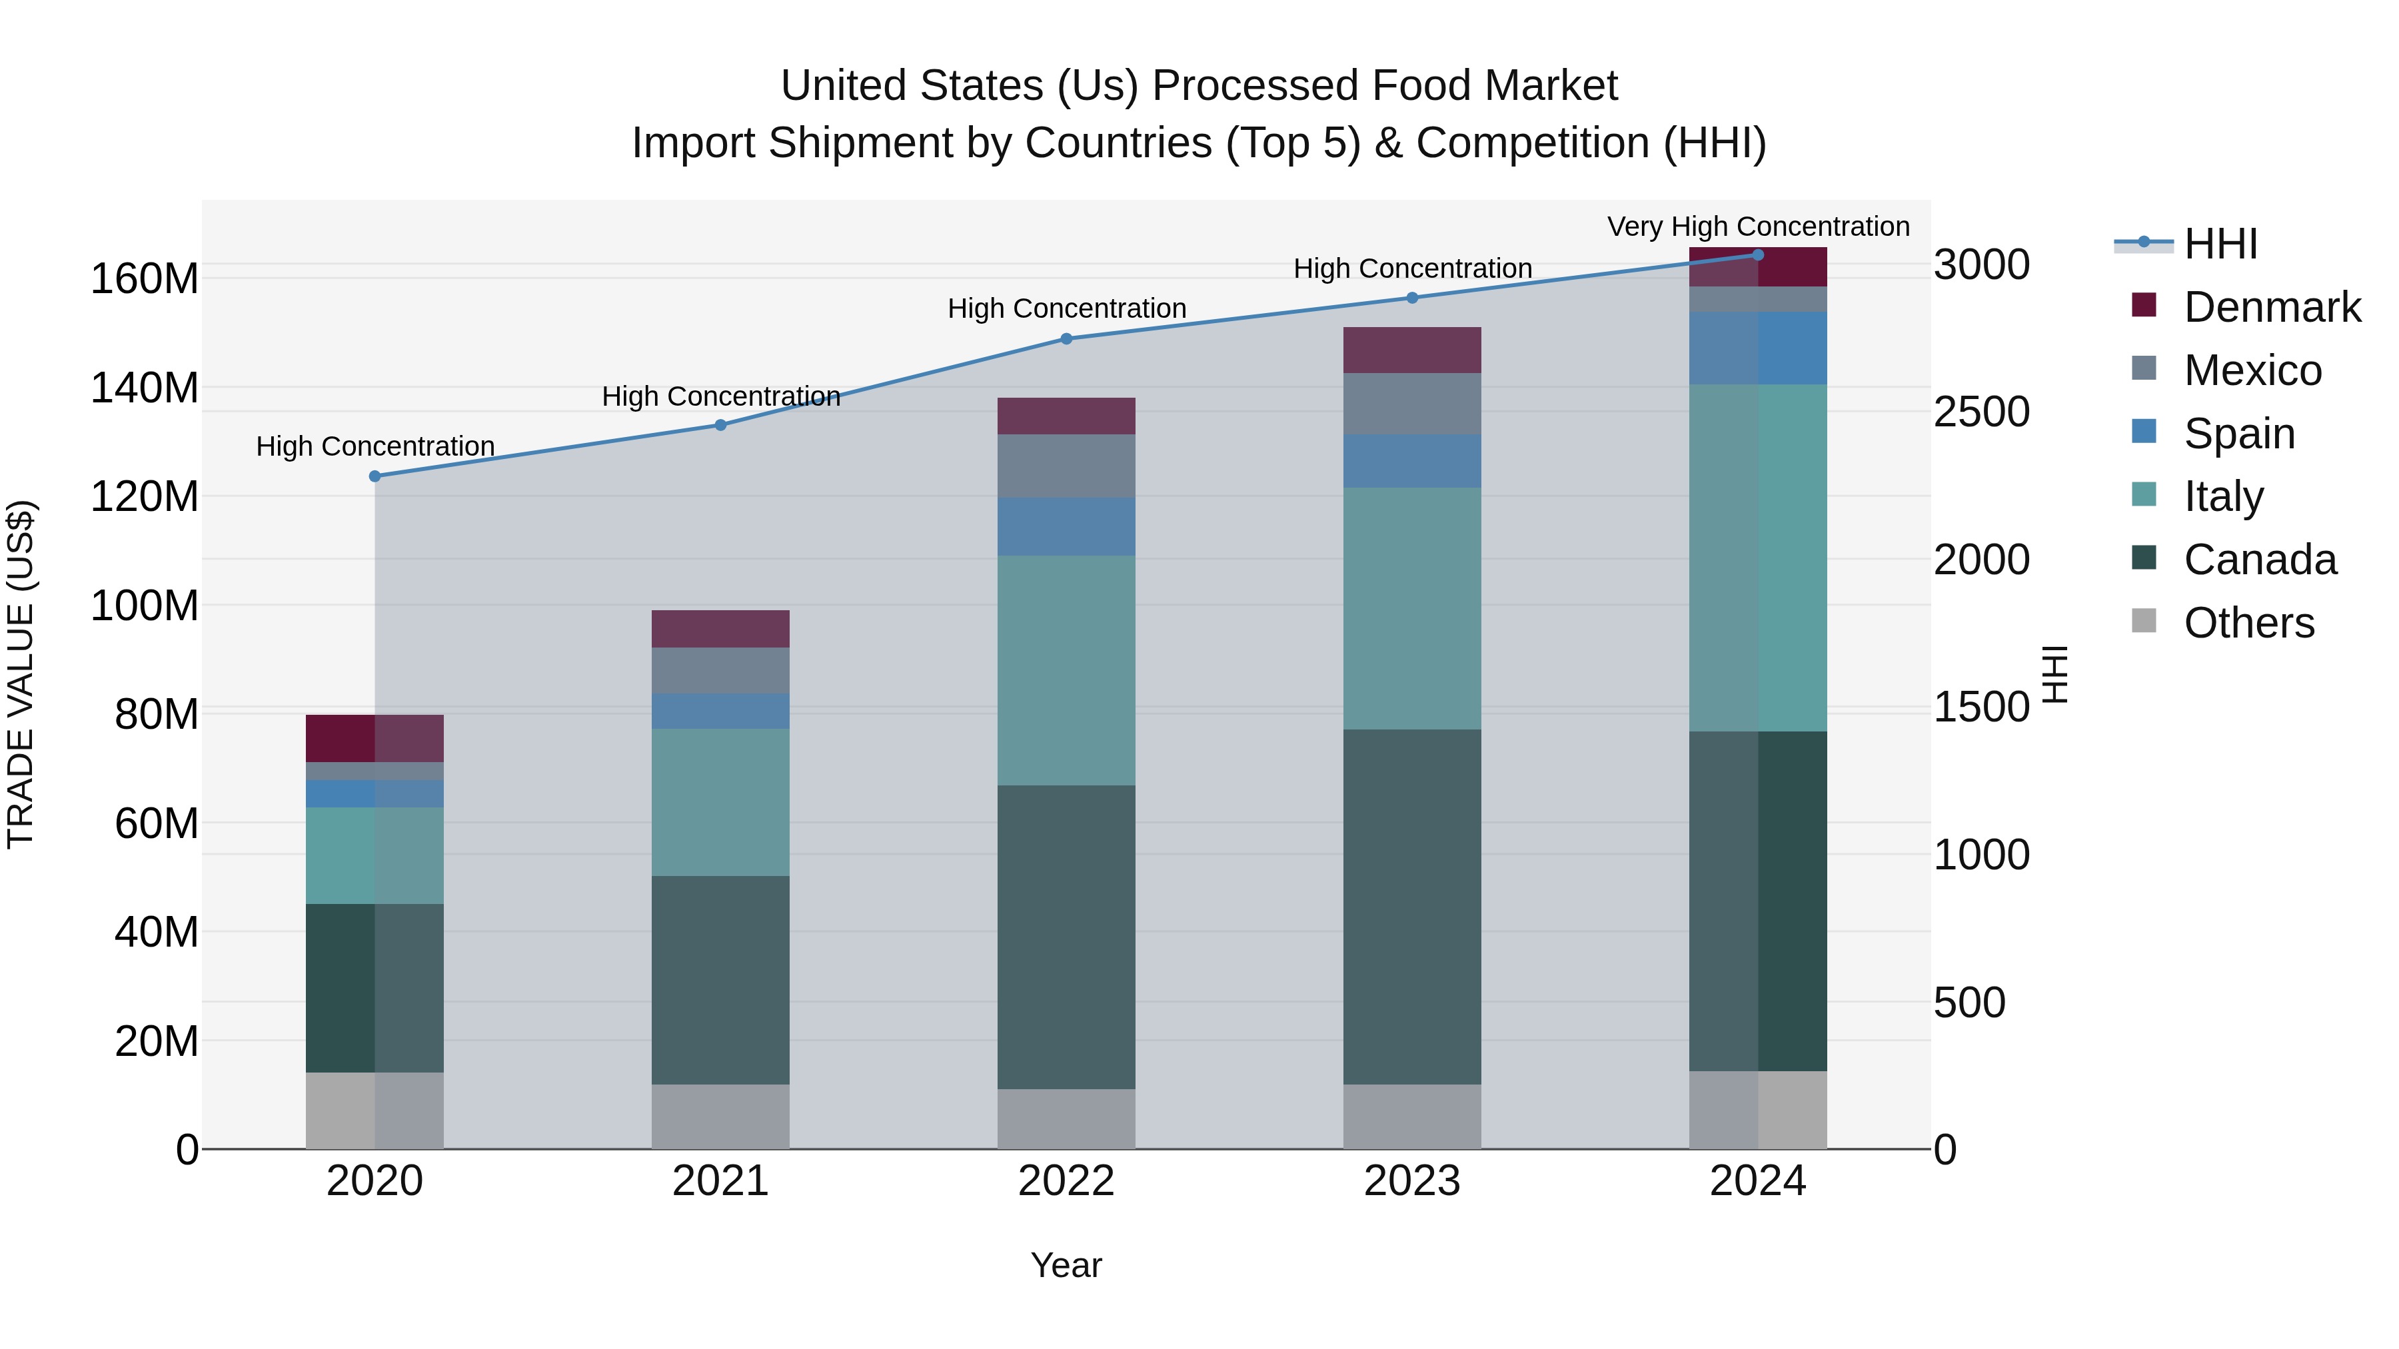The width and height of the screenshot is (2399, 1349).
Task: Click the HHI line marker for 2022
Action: (1066, 339)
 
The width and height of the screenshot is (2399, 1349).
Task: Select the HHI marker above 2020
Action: (375, 476)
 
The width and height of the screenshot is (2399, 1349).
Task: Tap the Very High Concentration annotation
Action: (1757, 226)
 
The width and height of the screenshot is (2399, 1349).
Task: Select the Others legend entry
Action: (2248, 623)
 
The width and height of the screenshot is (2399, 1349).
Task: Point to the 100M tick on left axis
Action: (145, 605)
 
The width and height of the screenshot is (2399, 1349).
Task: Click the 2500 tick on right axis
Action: (1981, 412)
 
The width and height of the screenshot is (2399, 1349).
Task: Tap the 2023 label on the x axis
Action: (1412, 1181)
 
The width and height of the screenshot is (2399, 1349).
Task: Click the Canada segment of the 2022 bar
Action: (1066, 936)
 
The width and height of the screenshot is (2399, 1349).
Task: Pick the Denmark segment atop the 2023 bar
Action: (1412, 350)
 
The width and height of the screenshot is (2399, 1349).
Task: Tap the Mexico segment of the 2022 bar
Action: (1066, 466)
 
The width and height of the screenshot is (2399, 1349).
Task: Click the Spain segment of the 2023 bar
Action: (1412, 461)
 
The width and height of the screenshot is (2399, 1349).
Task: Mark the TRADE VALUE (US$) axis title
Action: (21, 674)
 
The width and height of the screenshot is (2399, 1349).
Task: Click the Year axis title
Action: (1066, 1265)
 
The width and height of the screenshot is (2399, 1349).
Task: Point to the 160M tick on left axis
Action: (145, 278)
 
